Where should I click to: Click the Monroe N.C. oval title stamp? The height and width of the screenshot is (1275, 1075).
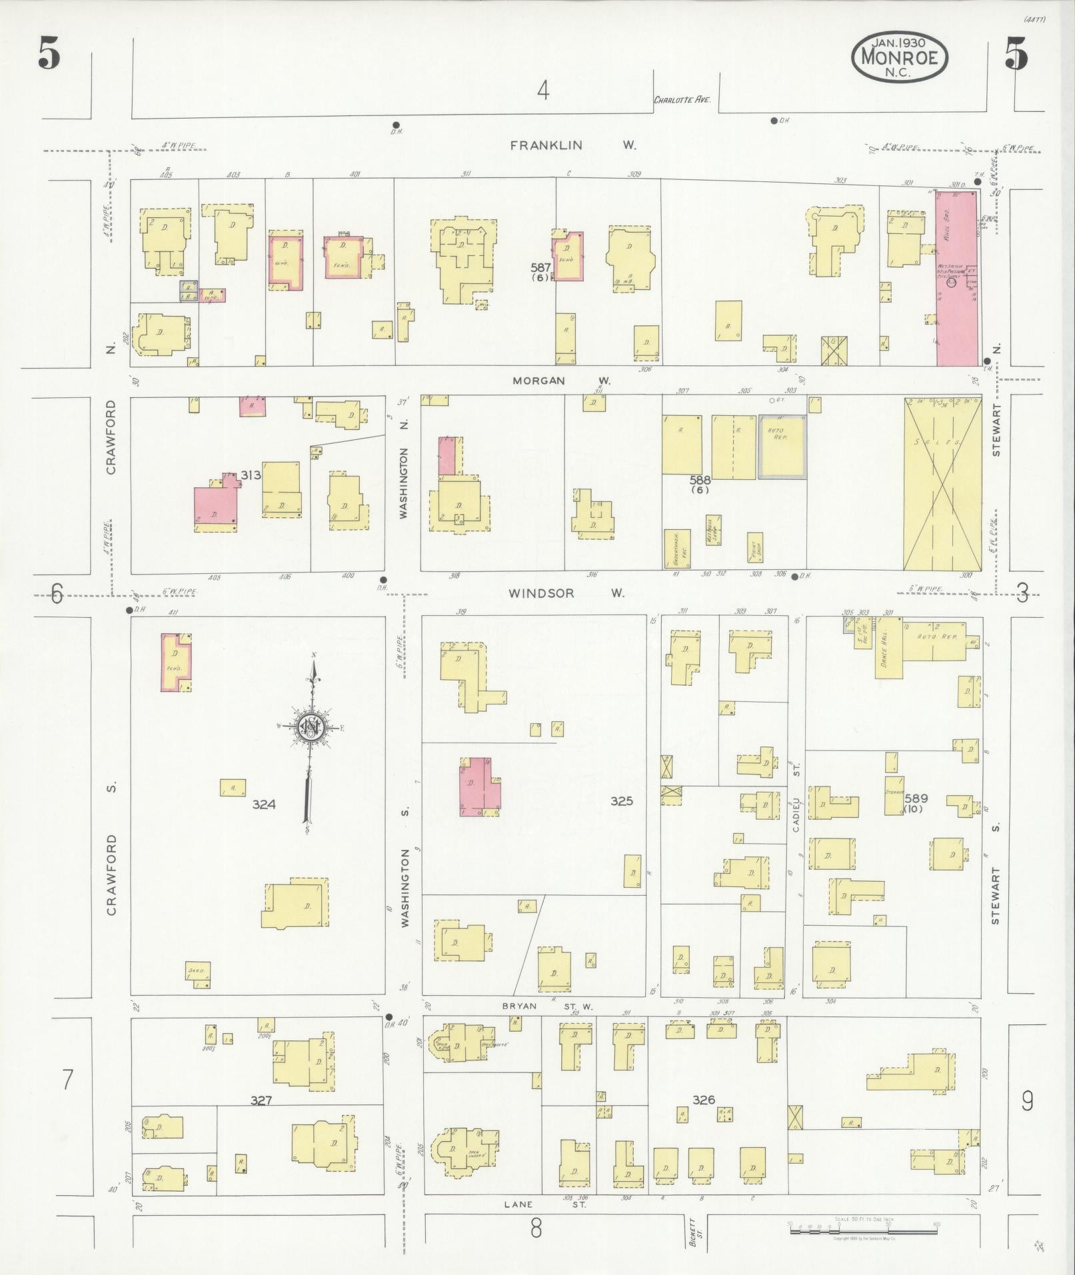898,57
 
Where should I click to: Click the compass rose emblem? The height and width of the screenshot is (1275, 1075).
311,727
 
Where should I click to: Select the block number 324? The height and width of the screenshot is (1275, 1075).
264,804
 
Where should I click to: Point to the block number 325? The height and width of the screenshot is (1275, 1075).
621,801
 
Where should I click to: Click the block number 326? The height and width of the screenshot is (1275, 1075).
704,1100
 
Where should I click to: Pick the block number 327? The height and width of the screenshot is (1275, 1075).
261,1101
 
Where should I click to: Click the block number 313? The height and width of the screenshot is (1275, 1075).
251,475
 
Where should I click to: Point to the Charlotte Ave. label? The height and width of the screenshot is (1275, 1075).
682,100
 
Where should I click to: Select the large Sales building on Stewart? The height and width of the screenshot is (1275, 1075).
942,484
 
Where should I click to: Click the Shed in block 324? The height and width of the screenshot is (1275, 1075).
199,974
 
